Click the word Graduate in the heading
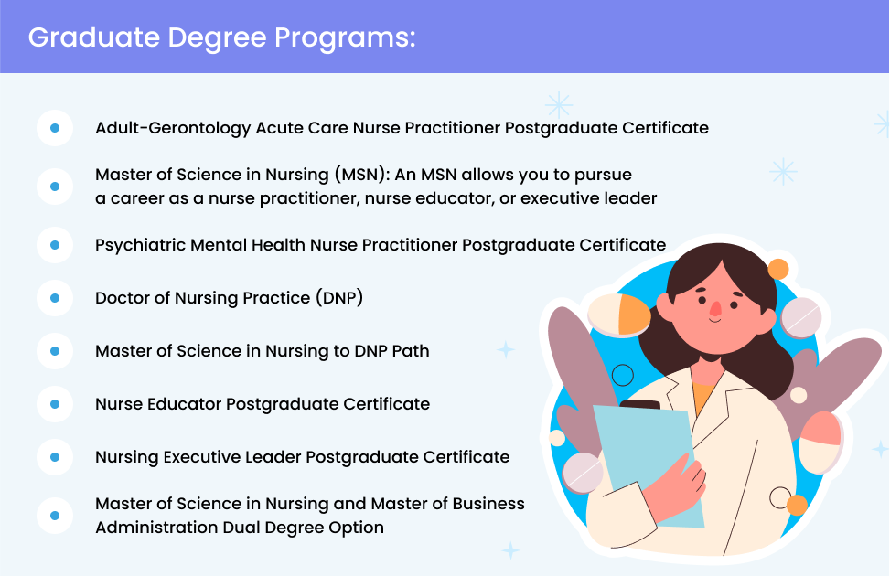click(x=94, y=37)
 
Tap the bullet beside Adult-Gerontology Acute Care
click(x=55, y=128)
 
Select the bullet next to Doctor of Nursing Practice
click(x=55, y=298)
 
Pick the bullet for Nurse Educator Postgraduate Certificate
click(x=55, y=404)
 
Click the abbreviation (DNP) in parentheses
click(x=339, y=298)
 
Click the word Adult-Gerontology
click(x=173, y=128)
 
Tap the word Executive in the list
click(x=202, y=457)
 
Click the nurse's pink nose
click(x=715, y=309)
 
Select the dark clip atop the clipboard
click(x=640, y=405)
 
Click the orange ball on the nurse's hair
click(x=778, y=269)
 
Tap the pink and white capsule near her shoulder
click(x=820, y=443)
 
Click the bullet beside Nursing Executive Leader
click(x=55, y=457)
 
